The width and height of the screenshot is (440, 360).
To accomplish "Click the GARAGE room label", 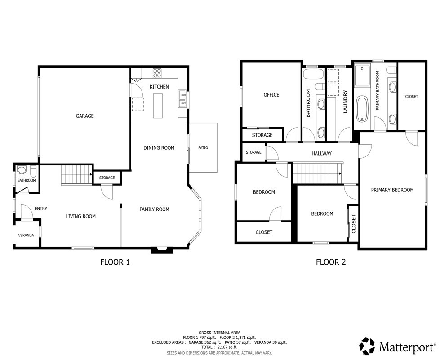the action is [x=85, y=116].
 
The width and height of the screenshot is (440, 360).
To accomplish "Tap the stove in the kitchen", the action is [x=157, y=73].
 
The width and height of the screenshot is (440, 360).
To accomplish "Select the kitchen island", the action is [x=159, y=106].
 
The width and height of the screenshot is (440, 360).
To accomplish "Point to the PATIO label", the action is [x=203, y=147].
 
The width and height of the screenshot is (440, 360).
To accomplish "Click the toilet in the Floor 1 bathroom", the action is [x=33, y=170].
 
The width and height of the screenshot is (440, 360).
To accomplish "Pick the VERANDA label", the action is [x=26, y=235].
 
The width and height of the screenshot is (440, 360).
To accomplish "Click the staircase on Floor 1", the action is [x=77, y=174].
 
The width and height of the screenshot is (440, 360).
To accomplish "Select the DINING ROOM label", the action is [x=159, y=147].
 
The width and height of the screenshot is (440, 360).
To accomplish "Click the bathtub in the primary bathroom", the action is [x=362, y=109].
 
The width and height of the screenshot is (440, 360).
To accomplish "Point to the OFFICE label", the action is [x=271, y=95].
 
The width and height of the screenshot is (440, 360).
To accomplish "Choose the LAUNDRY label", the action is [x=345, y=102].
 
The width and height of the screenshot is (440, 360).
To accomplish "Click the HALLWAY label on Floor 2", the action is [x=322, y=153].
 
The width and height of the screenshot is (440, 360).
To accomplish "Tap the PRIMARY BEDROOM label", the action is [x=392, y=190].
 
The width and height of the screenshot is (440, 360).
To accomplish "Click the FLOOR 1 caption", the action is [x=115, y=262].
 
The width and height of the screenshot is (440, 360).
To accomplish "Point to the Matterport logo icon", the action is [x=368, y=346].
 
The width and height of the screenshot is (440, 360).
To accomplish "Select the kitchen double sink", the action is [x=182, y=99].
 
